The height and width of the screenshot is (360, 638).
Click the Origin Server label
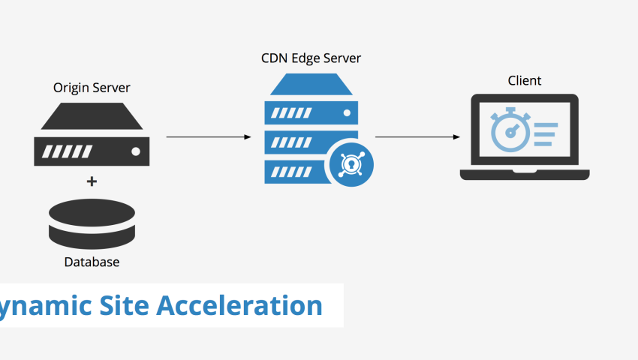coord(91,88)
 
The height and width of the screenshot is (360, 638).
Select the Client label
coord(524,80)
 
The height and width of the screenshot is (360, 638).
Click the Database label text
coord(91,262)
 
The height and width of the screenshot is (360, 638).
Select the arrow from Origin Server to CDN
coord(208,137)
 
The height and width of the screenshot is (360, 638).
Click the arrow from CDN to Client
coord(417,137)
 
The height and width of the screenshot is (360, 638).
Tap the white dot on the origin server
coord(135,151)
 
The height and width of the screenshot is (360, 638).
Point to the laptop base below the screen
coord(524,175)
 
